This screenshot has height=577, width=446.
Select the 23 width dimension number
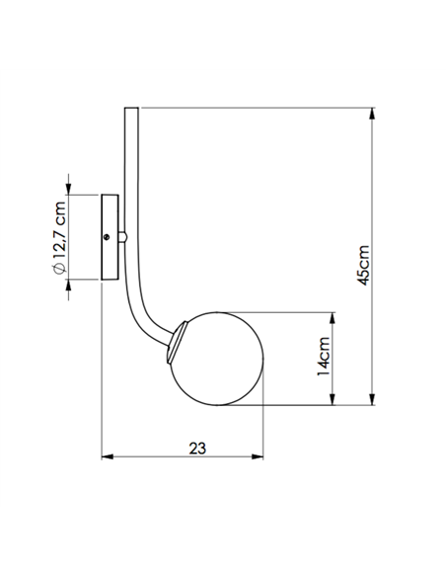(x=197, y=447)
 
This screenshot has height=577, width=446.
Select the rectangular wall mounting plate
(x=110, y=238)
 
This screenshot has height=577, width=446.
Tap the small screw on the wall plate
(x=108, y=236)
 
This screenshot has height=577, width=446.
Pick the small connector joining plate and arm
(x=122, y=237)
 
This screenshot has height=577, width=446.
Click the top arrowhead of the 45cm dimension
(x=371, y=114)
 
